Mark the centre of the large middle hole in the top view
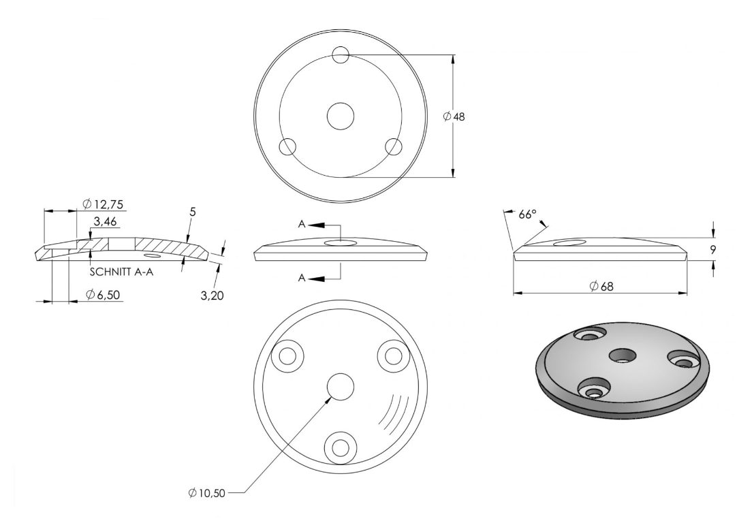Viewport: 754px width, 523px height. pyautogui.click(x=341, y=116)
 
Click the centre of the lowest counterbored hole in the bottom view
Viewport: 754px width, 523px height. pyautogui.click(x=341, y=447)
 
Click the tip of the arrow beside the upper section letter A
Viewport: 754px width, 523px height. pyautogui.click(x=309, y=225)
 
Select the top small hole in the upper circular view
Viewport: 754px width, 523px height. pyautogui.click(x=341, y=54)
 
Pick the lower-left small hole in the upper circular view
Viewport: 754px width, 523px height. pyautogui.click(x=287, y=146)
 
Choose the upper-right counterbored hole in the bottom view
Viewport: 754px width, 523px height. pyautogui.click(x=394, y=355)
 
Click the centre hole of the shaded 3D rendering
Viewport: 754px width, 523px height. pyautogui.click(x=623, y=356)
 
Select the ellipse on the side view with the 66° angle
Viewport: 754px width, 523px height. pyautogui.click(x=569, y=242)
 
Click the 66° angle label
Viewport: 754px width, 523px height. pyautogui.click(x=527, y=215)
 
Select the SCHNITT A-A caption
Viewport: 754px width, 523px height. pyautogui.click(x=122, y=272)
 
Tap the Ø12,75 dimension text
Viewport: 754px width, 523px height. pyautogui.click(x=103, y=204)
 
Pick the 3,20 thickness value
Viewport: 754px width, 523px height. pyautogui.click(x=212, y=295)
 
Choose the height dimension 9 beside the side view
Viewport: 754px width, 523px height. pyautogui.click(x=712, y=249)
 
